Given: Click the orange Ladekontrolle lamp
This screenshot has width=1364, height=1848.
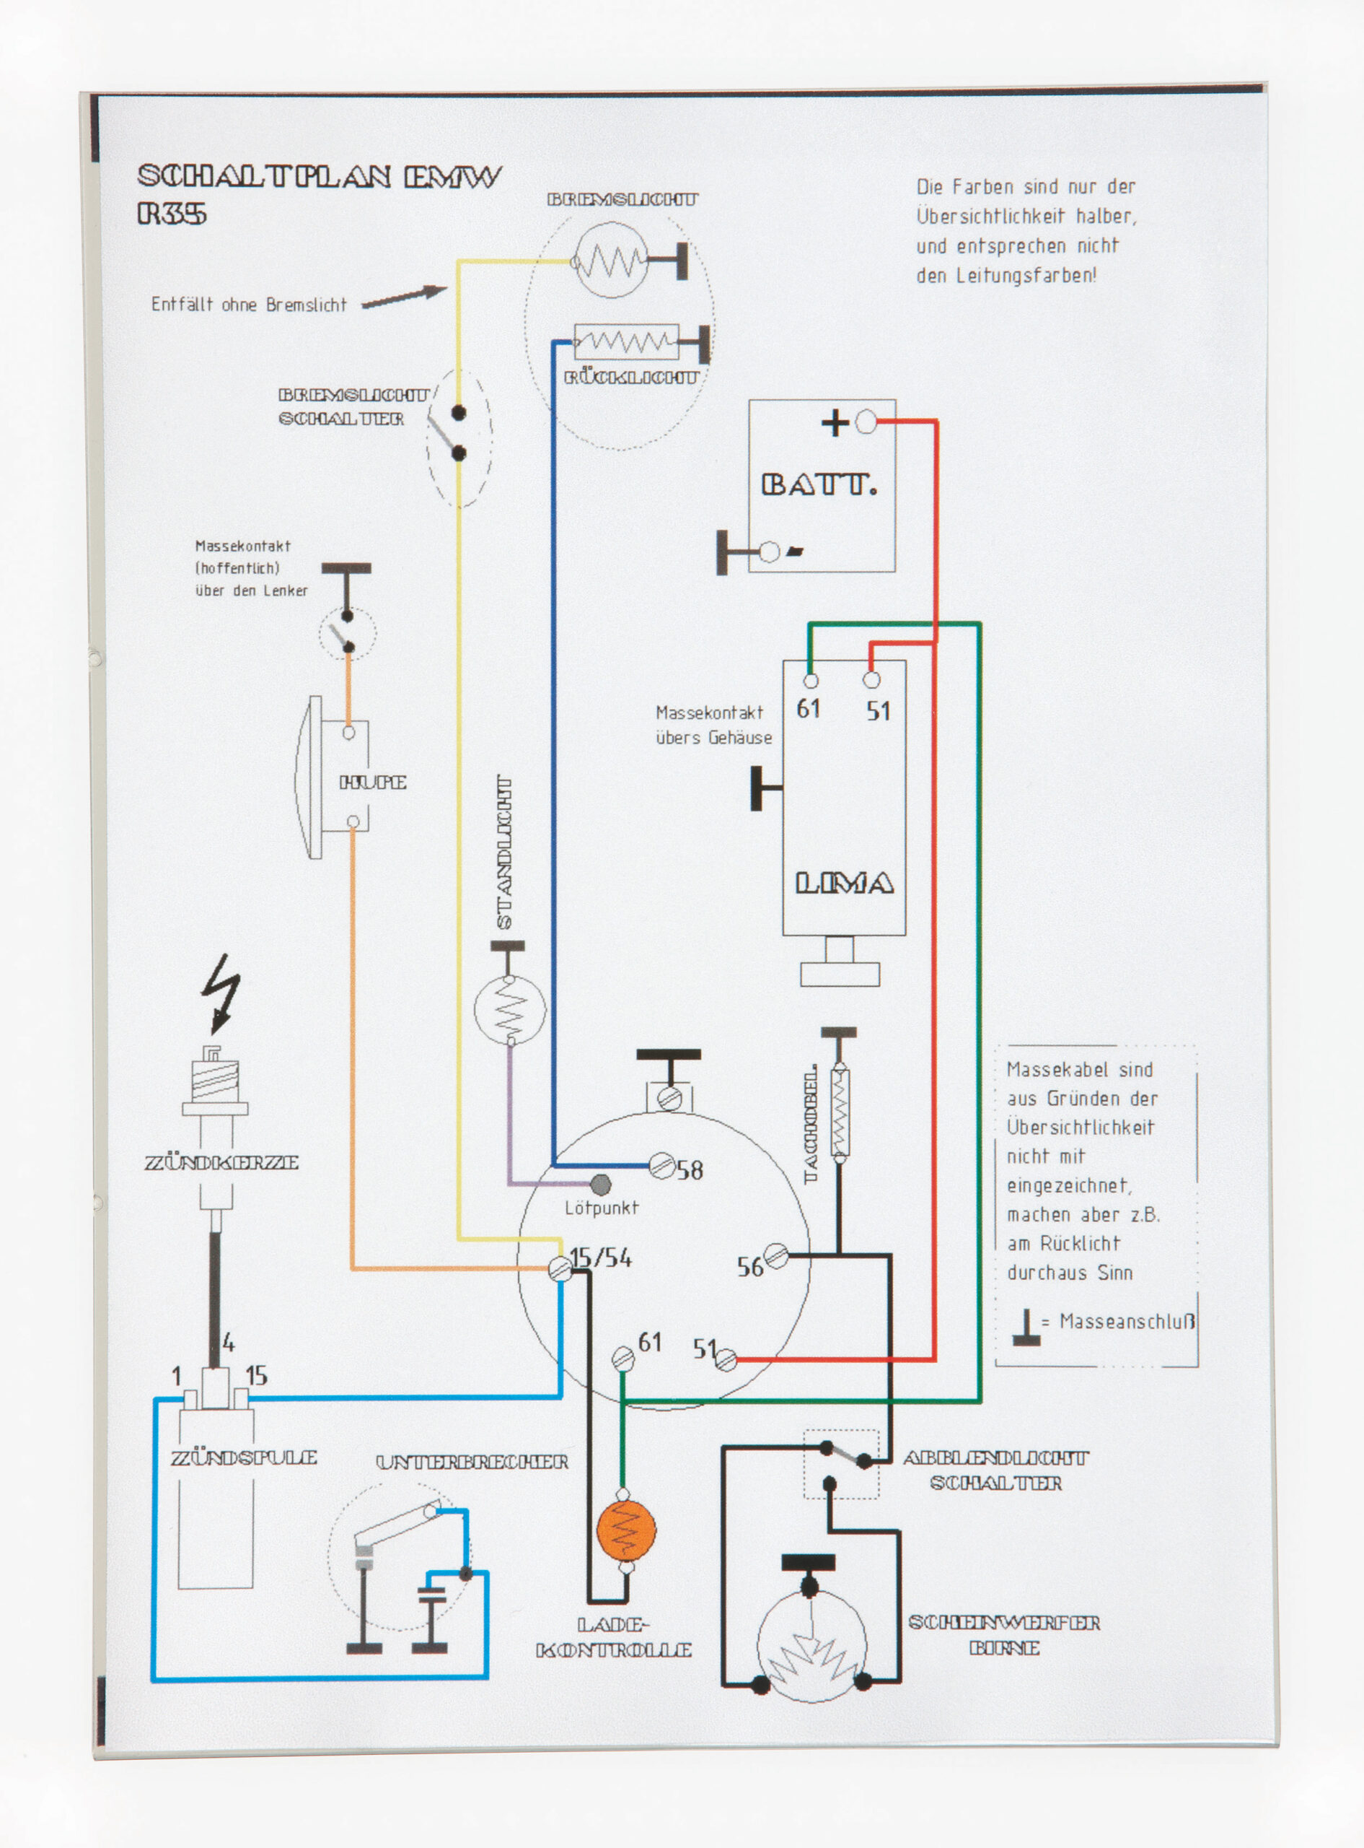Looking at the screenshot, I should point(626,1530).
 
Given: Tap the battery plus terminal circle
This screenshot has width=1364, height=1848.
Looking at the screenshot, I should point(866,423).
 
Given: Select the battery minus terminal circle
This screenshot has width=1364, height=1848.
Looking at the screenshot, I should point(769,551).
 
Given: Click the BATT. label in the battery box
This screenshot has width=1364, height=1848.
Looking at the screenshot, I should point(818,484).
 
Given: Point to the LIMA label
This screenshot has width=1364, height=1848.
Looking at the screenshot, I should point(844,884).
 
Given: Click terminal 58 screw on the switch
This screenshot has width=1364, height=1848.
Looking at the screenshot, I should point(661,1166).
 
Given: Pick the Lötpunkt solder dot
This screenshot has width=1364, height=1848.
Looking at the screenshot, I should point(601,1185).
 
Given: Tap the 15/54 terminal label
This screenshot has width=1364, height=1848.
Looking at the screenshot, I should point(601,1258).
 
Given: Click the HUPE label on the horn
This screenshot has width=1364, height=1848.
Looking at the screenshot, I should point(373,783).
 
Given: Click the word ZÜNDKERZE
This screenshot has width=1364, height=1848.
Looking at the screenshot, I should point(221,1162).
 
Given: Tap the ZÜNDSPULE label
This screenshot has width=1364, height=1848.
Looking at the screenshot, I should point(244,1457).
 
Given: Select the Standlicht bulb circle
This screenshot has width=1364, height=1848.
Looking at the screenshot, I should point(509,1008).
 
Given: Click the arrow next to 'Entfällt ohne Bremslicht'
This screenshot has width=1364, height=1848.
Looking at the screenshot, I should point(405,297).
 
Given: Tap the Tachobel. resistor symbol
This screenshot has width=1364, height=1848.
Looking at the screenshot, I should point(839,1111).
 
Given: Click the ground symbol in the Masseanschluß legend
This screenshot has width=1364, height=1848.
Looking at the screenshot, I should point(1026,1328).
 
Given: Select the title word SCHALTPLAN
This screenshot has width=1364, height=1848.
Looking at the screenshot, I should point(264,176).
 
